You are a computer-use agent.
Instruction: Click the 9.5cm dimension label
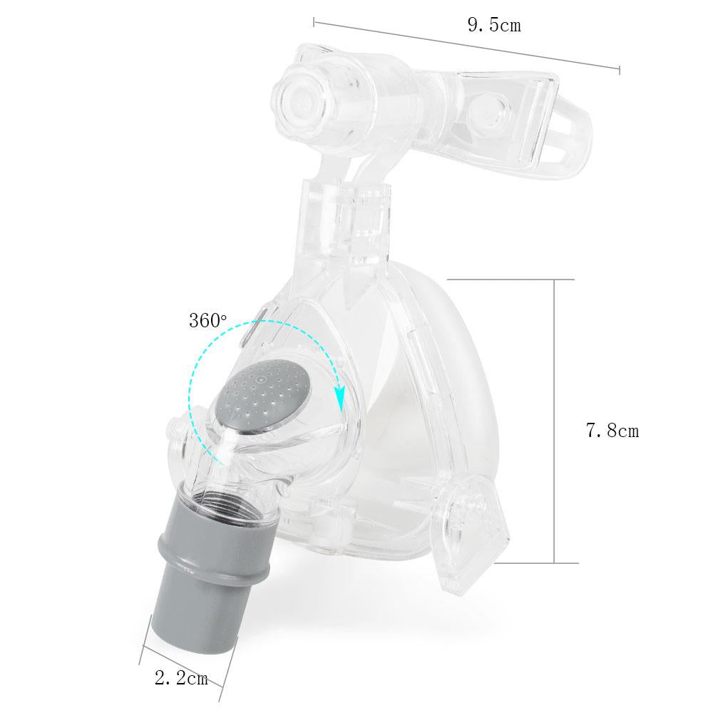click(494, 25)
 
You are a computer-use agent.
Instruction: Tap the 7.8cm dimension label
click(612, 430)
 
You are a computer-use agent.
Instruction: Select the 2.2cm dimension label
click(181, 679)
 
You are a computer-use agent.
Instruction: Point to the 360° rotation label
click(207, 321)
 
